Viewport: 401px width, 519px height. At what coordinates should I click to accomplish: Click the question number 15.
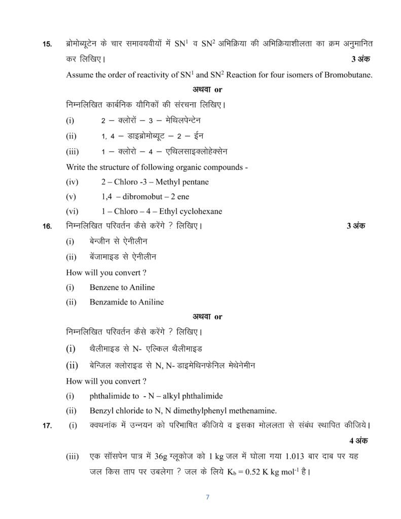(x=47, y=45)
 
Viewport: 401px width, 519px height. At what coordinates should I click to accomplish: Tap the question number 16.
(x=47, y=227)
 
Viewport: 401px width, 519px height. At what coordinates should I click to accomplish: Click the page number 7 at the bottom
(x=207, y=497)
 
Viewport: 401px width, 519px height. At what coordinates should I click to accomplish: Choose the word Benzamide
(x=110, y=302)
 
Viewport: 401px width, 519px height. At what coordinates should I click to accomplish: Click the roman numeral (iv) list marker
(x=72, y=182)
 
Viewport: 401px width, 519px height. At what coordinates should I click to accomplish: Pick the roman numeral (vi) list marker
(x=72, y=211)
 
